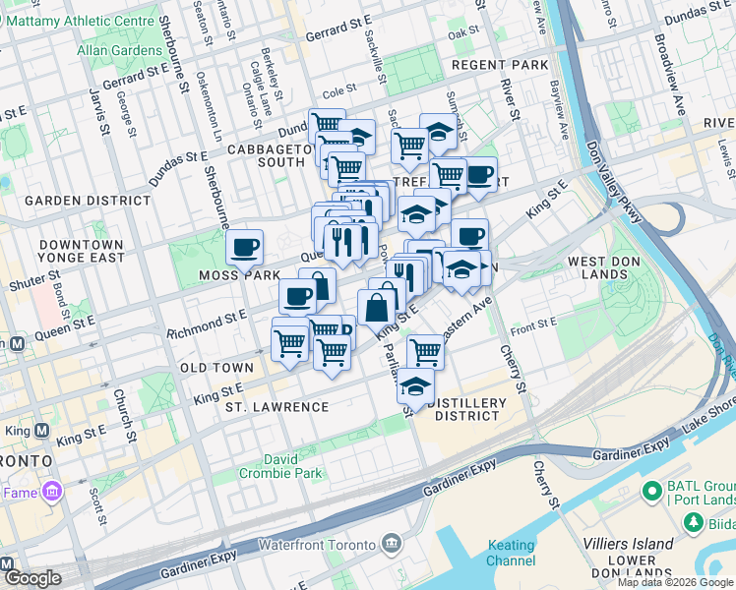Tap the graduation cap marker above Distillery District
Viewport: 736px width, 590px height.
(415, 385)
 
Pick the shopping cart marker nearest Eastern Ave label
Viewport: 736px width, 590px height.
(425, 350)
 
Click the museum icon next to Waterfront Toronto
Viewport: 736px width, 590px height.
(392, 544)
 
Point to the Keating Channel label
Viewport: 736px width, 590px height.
(511, 553)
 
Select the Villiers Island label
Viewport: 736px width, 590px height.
(626, 543)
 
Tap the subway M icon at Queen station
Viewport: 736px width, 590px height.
(16, 343)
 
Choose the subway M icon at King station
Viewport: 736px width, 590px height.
(41, 430)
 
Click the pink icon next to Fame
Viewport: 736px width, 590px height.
(52, 490)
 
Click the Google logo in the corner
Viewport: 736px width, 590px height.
(31, 578)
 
